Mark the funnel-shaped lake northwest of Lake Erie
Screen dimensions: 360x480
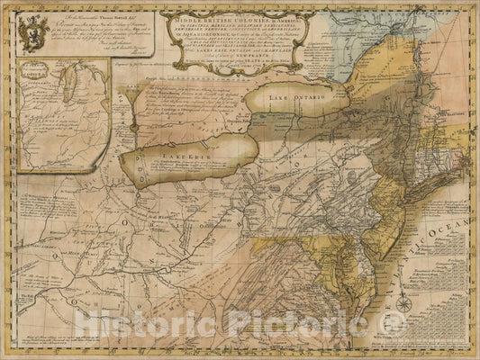[x=132, y=105]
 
